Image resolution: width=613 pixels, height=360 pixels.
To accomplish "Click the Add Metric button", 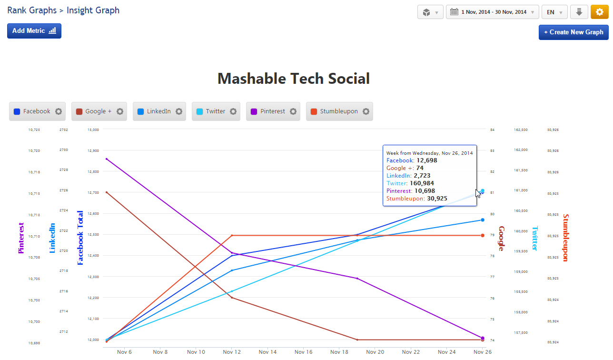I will (34, 31).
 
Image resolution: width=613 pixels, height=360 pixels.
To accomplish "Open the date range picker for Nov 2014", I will (492, 12).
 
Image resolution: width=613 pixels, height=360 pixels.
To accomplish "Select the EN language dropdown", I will (554, 12).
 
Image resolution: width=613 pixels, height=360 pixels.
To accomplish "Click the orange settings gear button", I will (600, 12).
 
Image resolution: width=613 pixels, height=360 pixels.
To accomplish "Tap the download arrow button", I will (579, 12).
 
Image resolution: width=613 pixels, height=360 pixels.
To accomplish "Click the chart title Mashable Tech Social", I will (293, 79).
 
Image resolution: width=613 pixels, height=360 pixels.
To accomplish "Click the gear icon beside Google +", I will (120, 111).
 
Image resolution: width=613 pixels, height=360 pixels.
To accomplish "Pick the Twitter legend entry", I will (215, 111).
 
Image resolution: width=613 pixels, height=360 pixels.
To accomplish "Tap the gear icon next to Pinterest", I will (293, 111).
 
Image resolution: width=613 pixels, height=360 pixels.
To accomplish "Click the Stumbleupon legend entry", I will (338, 111).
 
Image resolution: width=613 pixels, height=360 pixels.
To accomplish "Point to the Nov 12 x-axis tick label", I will (231, 352).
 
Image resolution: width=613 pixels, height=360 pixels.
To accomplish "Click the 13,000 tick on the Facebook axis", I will (93, 130).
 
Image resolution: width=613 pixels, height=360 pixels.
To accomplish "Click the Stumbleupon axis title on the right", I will (565, 238).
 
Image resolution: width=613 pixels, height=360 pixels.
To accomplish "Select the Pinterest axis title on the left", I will (21, 238).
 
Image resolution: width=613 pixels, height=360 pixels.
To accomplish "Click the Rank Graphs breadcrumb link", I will (31, 10).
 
